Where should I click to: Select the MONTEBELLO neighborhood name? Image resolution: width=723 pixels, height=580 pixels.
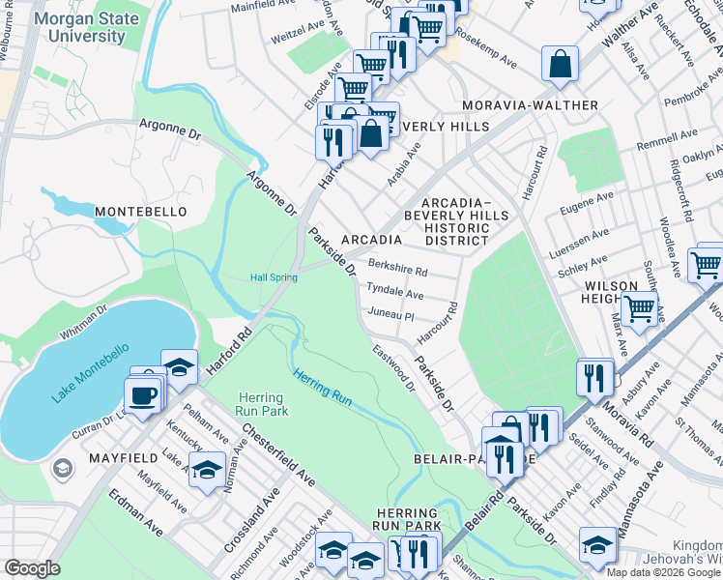click(x=133, y=211)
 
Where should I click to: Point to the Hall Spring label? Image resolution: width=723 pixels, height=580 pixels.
click(x=274, y=278)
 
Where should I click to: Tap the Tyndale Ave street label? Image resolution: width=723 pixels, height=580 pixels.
click(x=393, y=292)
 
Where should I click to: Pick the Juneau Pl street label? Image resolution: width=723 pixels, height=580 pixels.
click(x=390, y=315)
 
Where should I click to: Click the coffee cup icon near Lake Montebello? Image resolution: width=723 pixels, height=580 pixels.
click(x=143, y=394)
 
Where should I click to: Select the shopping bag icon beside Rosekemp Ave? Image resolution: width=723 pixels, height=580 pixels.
click(x=561, y=65)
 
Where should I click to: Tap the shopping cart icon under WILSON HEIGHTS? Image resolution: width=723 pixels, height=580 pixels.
click(x=639, y=308)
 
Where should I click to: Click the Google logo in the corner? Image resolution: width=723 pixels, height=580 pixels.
click(x=33, y=568)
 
